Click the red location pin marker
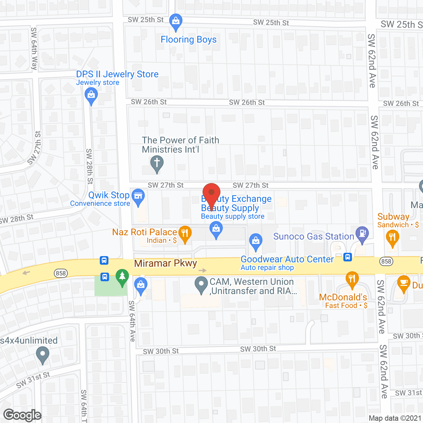point(211,194)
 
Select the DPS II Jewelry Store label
point(117,74)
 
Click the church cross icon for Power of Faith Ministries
point(157,163)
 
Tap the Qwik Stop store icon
point(138,196)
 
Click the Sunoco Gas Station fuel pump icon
point(362,233)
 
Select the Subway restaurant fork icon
point(392,237)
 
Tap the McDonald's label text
point(343,297)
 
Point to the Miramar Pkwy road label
point(166,263)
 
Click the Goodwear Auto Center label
point(287,259)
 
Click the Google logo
point(22,415)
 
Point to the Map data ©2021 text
point(395,418)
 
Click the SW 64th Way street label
point(34,49)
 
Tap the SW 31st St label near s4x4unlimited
point(33,380)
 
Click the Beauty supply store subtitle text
point(233,216)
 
